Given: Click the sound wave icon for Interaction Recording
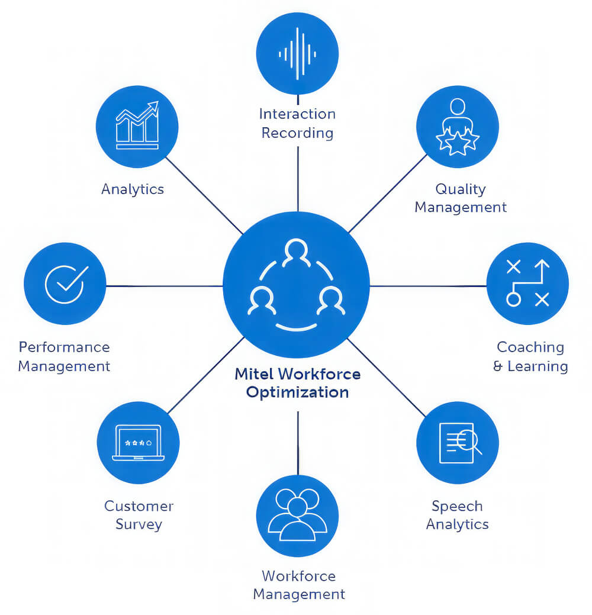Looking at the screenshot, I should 297,53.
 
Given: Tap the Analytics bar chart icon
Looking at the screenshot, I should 137,127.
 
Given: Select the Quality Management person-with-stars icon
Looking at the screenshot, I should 457,127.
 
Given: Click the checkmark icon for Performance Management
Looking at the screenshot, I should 65,284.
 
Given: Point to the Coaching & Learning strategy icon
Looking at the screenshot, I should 527,284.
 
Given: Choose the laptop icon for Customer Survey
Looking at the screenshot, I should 137,442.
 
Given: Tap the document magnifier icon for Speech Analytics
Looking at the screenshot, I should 458,442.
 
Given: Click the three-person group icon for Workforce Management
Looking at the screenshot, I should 297,514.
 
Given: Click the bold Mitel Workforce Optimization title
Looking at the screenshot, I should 297,383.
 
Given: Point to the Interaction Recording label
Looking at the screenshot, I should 297,123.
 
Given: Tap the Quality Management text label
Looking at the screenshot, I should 461,198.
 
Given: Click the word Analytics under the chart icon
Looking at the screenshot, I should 133,189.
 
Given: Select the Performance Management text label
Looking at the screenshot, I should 64,356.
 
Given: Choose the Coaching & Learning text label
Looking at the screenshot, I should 530,356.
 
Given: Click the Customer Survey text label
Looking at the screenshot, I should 139,515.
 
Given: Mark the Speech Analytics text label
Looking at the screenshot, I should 457,515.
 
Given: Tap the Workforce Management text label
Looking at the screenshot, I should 299,585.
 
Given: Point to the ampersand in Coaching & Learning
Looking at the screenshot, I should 498,366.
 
